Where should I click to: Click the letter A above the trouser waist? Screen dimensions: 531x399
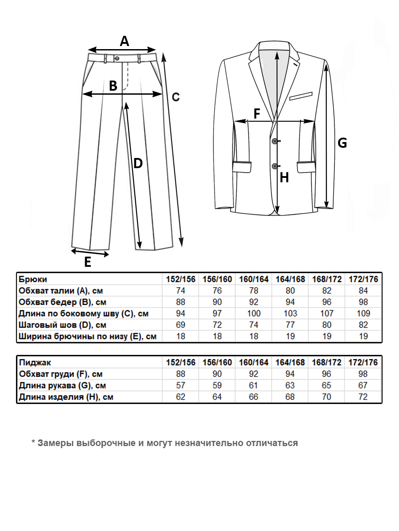[125, 41]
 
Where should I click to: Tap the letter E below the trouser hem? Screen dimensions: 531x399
[88, 263]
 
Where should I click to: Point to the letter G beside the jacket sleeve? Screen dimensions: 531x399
[342, 143]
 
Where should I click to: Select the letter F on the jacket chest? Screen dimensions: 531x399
[257, 114]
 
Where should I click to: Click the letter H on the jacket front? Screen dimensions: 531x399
[284, 178]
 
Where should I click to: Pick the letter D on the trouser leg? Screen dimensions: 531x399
[138, 164]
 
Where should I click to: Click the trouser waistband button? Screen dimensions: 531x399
[117, 58]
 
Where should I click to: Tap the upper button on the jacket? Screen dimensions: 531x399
[274, 141]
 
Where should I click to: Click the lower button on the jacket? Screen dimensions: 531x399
[274, 166]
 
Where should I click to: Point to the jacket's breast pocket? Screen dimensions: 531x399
[301, 95]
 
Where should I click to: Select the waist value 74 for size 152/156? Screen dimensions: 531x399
[180, 291]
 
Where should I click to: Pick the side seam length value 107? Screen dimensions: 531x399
[326, 314]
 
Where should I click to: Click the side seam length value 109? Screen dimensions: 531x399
[363, 314]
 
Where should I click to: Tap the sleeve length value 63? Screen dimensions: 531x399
[290, 385]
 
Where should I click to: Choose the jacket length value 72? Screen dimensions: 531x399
[363, 397]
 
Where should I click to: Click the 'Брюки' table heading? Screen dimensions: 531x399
[32, 279]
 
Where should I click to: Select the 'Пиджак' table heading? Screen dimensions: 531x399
[34, 362]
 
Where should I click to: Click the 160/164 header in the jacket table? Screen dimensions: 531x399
[254, 362]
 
